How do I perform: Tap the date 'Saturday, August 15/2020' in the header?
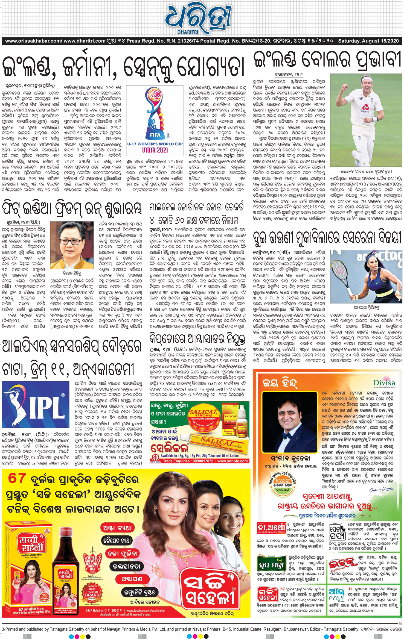[x=368, y=41]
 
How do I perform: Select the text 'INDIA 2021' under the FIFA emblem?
[x=155, y=150]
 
